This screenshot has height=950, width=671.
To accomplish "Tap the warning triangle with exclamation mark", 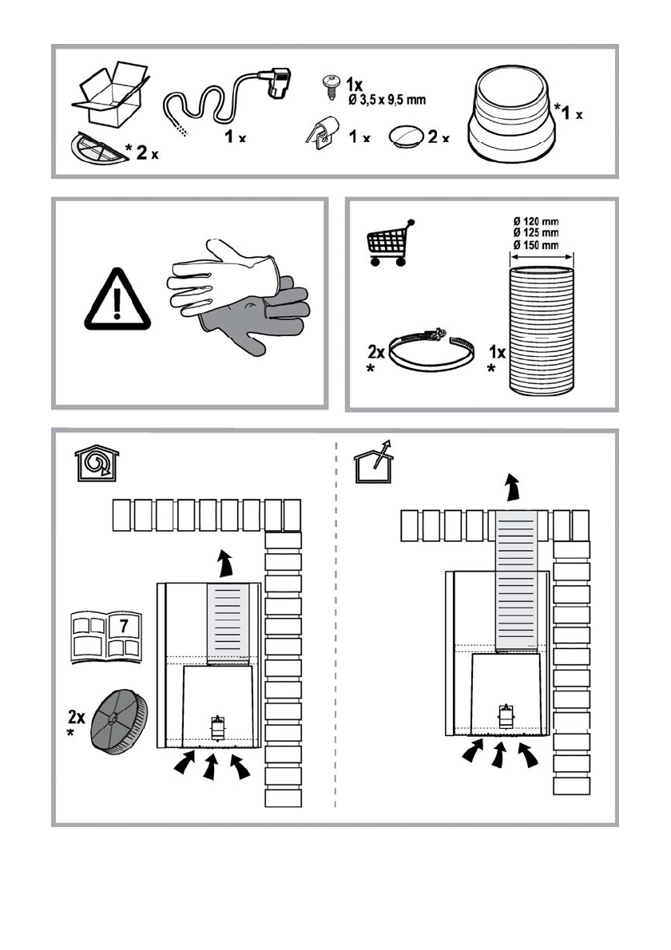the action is click(117, 302).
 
